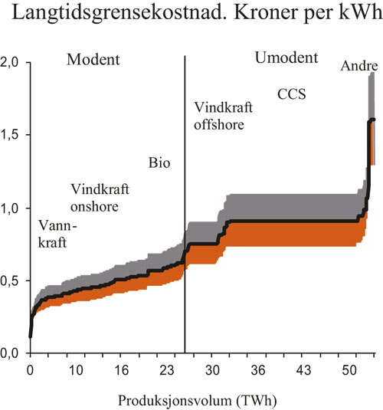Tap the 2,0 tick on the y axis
pos(13,62)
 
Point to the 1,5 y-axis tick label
pos(13,135)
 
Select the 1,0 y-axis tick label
pos(13,208)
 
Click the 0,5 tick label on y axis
pos(13,281)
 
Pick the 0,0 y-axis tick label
pos(13,353)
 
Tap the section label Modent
pos(93,60)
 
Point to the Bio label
pos(159,163)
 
